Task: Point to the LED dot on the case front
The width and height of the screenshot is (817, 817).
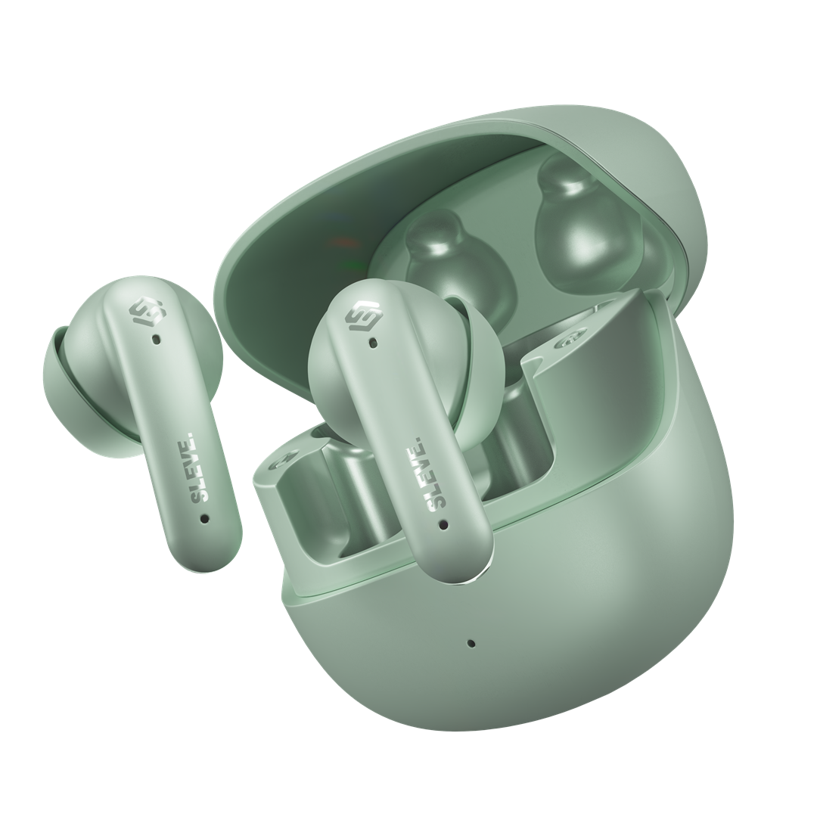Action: (x=471, y=643)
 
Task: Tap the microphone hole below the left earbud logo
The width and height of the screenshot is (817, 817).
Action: (x=155, y=340)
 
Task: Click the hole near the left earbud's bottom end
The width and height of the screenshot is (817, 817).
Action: (x=205, y=518)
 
